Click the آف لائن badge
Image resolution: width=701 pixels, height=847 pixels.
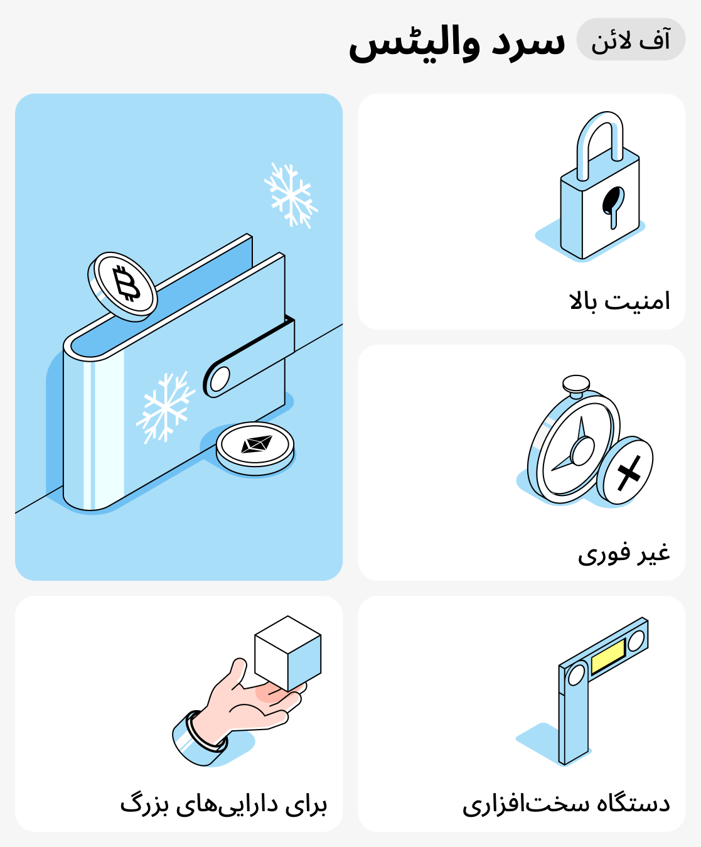click(631, 40)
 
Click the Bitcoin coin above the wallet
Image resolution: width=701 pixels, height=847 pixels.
click(123, 286)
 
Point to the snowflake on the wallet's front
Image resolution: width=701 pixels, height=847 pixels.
click(165, 407)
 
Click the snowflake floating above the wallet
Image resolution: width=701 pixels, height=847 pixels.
click(290, 195)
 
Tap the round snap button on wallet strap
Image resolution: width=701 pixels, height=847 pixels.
click(219, 379)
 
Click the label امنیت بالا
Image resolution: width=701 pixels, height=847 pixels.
click(620, 301)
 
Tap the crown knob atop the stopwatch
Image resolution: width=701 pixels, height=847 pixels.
click(575, 384)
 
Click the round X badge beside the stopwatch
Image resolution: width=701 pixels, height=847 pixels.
click(625, 470)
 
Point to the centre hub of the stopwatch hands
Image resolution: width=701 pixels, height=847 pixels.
click(582, 450)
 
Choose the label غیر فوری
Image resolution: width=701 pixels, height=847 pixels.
click(624, 553)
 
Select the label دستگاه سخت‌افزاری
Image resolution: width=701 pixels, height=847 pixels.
click(566, 804)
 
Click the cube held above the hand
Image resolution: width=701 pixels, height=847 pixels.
click(288, 653)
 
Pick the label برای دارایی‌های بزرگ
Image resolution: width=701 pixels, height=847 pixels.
click(223, 804)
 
